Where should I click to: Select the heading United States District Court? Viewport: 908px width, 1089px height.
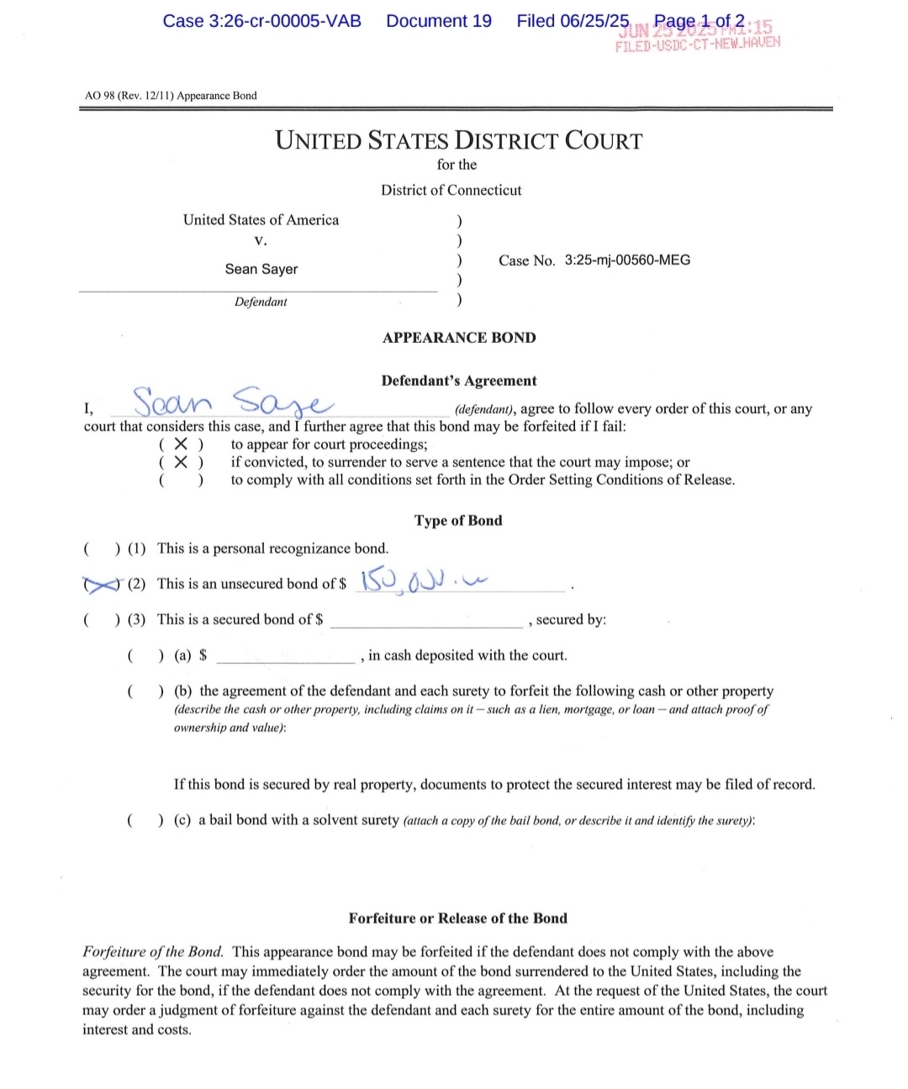pos(458,140)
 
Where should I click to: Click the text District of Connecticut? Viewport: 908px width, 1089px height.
pos(451,190)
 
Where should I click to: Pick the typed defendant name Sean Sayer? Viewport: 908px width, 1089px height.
pos(261,269)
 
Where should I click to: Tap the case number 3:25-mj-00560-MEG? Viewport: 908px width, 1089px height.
pos(627,260)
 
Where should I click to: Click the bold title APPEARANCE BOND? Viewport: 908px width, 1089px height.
pos(458,338)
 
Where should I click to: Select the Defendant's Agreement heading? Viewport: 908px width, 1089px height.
pos(458,381)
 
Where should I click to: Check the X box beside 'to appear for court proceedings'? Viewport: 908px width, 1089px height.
pos(181,445)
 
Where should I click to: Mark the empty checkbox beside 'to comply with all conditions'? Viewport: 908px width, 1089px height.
pos(181,481)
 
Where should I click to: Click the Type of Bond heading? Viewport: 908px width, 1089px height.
pos(458,520)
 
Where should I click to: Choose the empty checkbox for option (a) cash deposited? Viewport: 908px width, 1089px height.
pos(145,655)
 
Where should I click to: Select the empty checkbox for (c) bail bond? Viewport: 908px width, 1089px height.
pos(145,819)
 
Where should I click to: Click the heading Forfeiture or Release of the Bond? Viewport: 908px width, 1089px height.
pos(458,918)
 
